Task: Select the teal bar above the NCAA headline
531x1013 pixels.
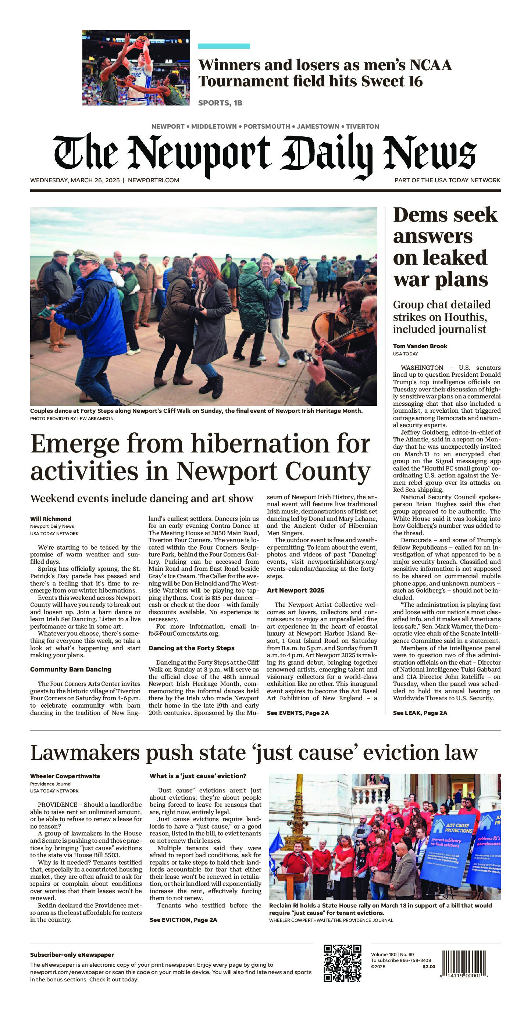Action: pos(224,46)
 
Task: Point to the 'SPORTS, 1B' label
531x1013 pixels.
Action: pos(220,103)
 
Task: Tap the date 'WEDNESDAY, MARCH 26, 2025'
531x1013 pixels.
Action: pos(75,180)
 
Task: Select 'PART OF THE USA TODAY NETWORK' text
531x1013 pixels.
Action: pos(447,180)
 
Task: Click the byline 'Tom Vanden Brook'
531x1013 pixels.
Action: pos(420,346)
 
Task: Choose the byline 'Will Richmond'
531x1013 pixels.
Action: pos(51,519)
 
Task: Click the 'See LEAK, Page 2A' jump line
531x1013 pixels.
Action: pos(420,713)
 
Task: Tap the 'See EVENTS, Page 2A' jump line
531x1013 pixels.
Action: pos(298,713)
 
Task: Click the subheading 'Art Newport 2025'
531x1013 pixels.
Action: pos(295,590)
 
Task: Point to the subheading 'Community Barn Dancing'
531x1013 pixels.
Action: pos(71,669)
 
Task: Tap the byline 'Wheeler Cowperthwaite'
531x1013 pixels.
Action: pos(65,776)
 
